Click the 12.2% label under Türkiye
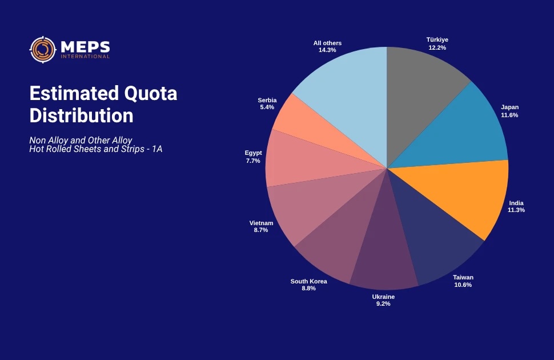click(437, 48)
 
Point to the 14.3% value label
click(327, 50)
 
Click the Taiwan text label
click(463, 278)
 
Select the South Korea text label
click(308, 281)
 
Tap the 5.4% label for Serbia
click(267, 107)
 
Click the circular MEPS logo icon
click(42, 50)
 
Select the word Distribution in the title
click(81, 115)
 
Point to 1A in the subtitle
click(156, 150)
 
